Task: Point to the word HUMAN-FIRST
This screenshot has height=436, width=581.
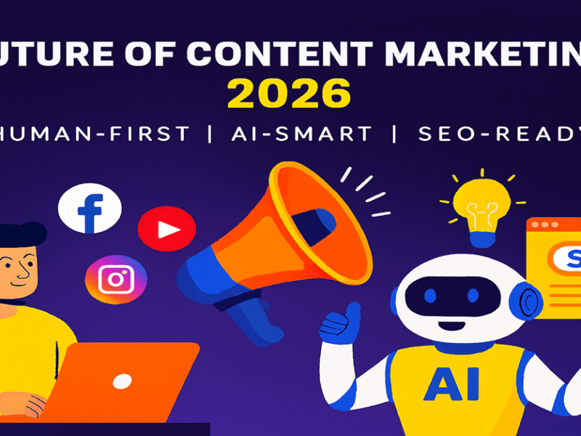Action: (95, 134)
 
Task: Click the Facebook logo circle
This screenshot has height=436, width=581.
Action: (89, 209)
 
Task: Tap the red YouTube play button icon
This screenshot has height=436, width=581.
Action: (166, 229)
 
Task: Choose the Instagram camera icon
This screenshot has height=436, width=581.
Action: (116, 279)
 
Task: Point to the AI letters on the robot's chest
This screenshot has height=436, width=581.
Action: (452, 384)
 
